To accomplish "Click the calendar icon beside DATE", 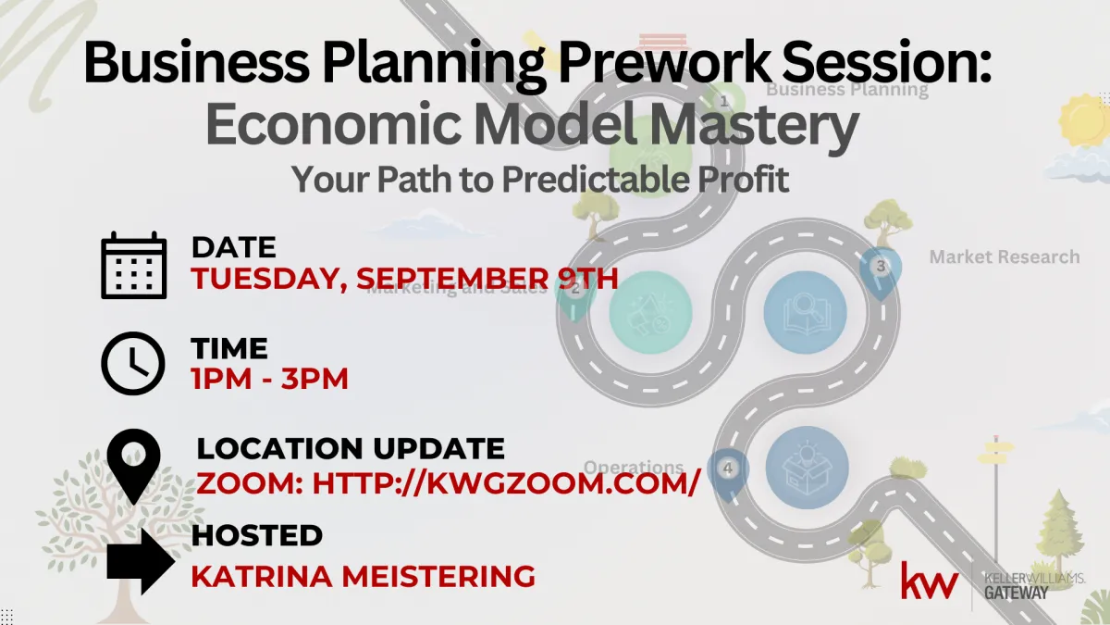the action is [x=134, y=265].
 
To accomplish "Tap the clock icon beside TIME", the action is [x=133, y=364].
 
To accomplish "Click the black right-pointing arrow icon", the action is [x=141, y=561].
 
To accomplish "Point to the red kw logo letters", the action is [x=929, y=581].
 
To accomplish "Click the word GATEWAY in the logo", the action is [x=1017, y=593].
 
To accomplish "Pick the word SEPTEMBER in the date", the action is [x=452, y=278].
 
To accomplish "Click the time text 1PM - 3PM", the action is [x=270, y=379].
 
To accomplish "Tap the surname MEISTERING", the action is [x=438, y=576].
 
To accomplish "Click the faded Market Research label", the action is [x=1005, y=257].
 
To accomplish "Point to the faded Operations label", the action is [x=634, y=467].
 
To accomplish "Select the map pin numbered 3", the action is [x=881, y=273].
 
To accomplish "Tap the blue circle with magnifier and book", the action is [x=806, y=312].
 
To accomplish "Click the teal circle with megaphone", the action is [x=650, y=312].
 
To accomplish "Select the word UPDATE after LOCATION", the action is [x=439, y=448].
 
